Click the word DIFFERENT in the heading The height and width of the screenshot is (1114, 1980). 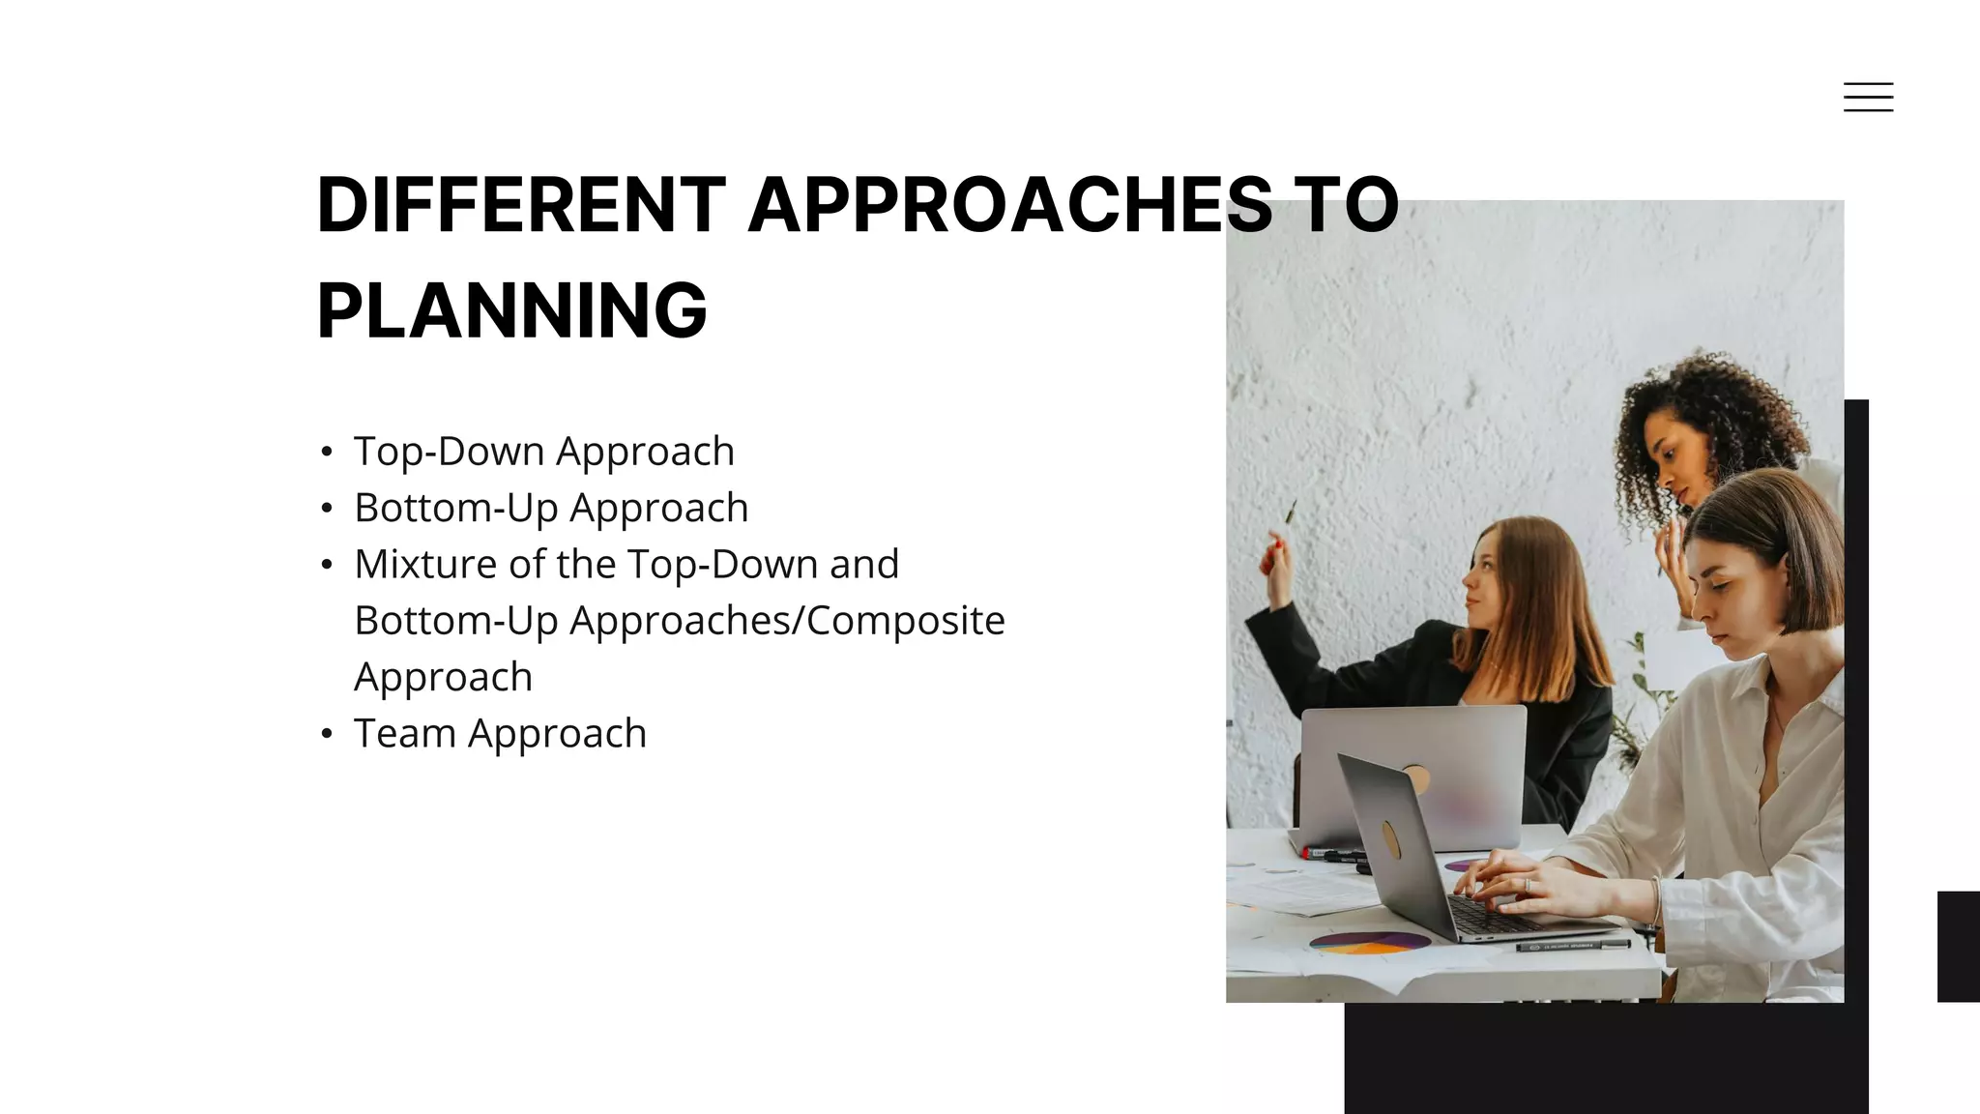[520, 205]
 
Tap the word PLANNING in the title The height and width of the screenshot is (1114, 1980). [511, 311]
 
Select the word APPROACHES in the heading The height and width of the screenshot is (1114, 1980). [1010, 205]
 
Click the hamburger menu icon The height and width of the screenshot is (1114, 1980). [1868, 97]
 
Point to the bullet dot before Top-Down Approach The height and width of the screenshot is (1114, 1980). [327, 452]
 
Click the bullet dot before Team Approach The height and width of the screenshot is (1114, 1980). [327, 734]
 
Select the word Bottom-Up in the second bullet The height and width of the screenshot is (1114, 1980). [453, 508]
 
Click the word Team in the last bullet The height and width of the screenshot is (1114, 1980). [404, 733]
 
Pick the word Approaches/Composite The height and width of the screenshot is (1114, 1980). [787, 621]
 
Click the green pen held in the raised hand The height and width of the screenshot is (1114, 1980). [1290, 513]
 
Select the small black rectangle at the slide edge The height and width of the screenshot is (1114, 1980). [1958, 946]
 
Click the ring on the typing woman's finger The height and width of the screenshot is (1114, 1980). [1528, 885]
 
